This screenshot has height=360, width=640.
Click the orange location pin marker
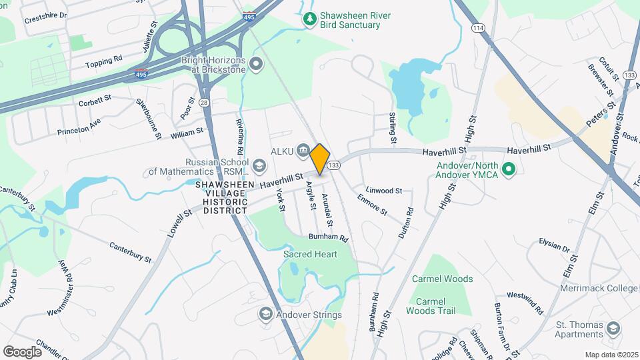pyautogui.click(x=320, y=159)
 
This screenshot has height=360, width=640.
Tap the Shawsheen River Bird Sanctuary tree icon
pyautogui.click(x=309, y=19)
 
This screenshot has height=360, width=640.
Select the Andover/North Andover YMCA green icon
pyautogui.click(x=509, y=170)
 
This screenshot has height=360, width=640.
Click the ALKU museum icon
pyautogui.click(x=303, y=151)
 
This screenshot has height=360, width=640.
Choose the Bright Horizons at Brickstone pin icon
pyautogui.click(x=257, y=65)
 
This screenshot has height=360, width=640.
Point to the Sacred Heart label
pyautogui.click(x=310, y=254)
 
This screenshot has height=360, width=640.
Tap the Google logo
pyautogui.click(x=22, y=351)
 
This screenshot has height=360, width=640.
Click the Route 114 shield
pyautogui.click(x=477, y=28)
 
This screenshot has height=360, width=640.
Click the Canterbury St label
pyautogui.click(x=131, y=249)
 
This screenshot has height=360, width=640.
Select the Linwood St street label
pyautogui.click(x=383, y=191)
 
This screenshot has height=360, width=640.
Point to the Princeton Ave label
pyautogui.click(x=79, y=125)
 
